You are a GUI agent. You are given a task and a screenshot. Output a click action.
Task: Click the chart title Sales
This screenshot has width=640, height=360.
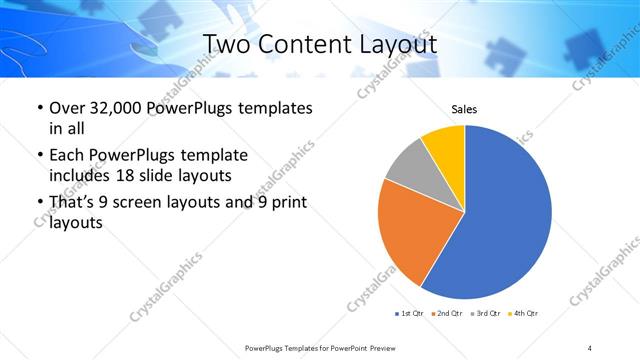[465, 109]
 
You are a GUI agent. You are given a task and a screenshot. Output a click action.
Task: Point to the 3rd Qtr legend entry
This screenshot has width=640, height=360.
[487, 314]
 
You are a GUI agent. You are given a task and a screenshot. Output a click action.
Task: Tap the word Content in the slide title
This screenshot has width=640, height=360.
[296, 44]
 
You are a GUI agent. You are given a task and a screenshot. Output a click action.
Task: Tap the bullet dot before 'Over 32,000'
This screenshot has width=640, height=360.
[38, 108]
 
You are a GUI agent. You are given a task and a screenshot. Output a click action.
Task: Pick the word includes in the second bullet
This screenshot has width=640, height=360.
[81, 175]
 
